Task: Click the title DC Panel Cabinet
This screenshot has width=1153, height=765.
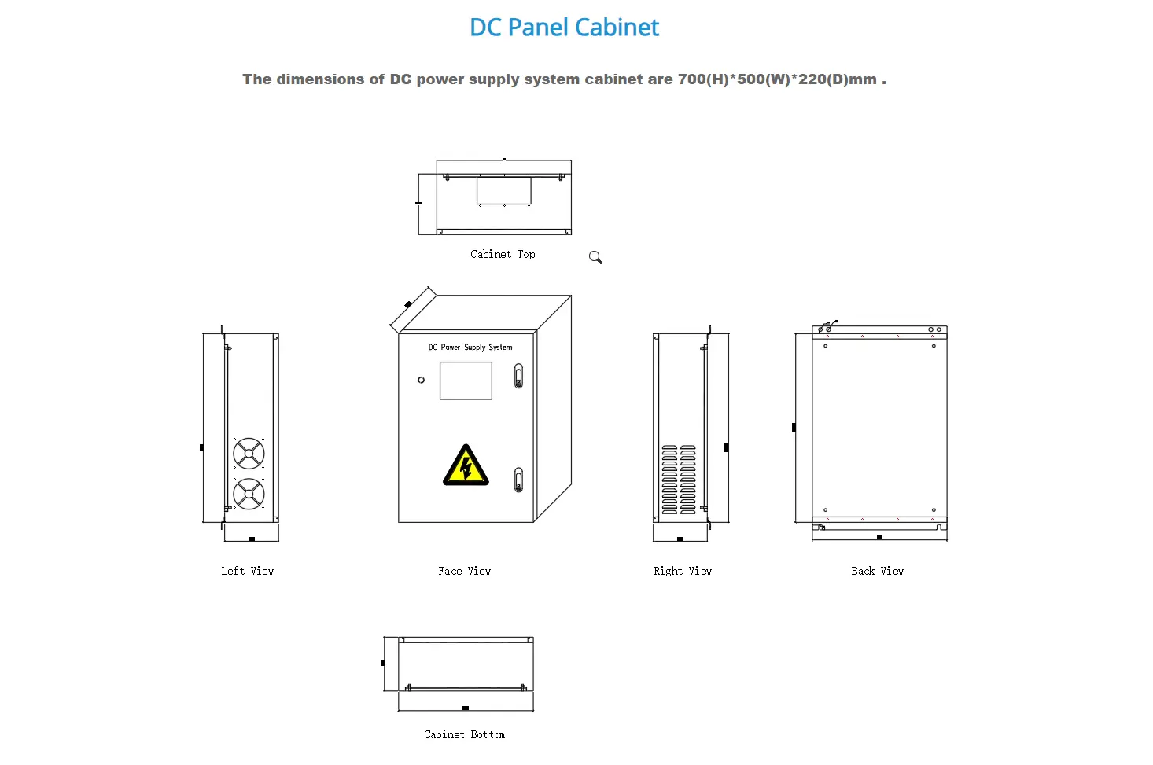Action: point(564,28)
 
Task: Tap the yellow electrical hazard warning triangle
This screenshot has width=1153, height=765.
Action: point(466,465)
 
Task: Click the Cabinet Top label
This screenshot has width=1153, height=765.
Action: point(503,255)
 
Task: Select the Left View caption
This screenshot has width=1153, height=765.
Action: point(247,571)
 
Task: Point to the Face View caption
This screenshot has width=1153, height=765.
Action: point(464,571)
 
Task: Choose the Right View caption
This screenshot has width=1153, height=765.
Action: point(682,571)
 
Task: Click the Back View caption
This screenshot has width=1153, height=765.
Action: point(877,571)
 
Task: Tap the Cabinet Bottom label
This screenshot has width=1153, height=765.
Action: point(464,734)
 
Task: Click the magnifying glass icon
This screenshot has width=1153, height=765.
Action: point(595,257)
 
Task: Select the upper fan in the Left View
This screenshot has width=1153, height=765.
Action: point(249,454)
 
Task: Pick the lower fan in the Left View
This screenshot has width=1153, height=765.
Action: point(249,494)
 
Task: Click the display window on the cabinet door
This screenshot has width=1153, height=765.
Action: point(466,381)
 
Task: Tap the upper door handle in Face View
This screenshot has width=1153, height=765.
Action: point(518,376)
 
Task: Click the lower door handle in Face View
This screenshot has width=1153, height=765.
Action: point(518,479)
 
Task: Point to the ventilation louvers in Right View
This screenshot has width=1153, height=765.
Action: point(679,480)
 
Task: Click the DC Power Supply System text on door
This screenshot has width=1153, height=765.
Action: point(470,347)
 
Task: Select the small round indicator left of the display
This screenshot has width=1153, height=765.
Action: point(421,380)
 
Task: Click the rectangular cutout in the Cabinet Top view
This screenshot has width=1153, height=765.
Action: point(504,190)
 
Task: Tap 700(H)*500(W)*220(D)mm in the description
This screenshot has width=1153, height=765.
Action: point(777,79)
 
